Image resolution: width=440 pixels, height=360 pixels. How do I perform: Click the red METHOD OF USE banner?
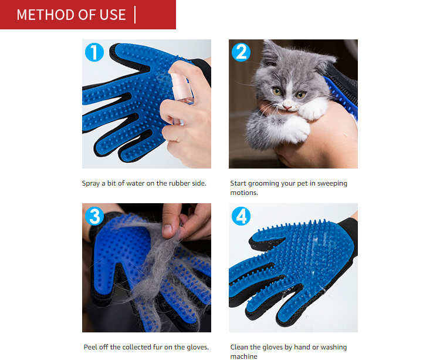(88, 15)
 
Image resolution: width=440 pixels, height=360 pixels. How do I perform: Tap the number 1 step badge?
(94, 52)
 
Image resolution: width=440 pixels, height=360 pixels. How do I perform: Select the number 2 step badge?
(241, 52)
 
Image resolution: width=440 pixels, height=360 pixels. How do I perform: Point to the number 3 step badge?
(94, 216)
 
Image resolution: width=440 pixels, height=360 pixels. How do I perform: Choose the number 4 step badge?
(241, 216)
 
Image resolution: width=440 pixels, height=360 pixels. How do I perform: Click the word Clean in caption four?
(239, 347)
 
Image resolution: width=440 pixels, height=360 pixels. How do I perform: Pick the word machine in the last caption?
(243, 356)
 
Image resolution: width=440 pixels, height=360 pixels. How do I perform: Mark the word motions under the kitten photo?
(244, 192)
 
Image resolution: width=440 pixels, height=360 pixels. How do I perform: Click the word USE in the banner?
(113, 15)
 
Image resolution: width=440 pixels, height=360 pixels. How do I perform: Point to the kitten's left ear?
(270, 53)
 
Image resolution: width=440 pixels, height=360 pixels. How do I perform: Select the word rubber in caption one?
(177, 183)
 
